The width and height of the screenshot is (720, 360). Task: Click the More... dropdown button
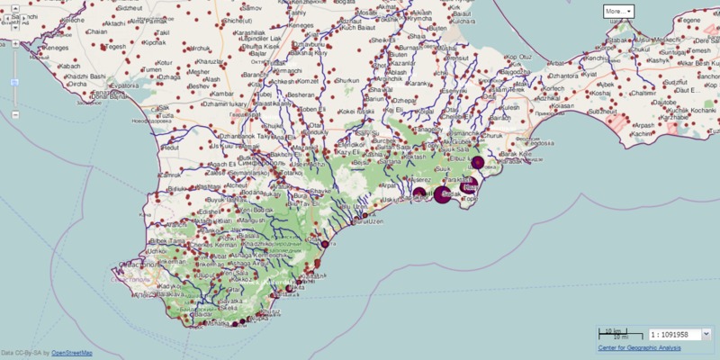tap(618, 11)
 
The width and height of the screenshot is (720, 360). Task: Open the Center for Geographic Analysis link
tap(639, 347)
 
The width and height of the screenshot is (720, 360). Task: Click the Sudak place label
tap(452, 193)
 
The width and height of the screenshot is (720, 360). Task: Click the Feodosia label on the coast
tap(538, 142)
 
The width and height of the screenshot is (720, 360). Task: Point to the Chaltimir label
tap(645, 93)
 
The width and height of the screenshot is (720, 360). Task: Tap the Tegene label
tap(691, 19)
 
